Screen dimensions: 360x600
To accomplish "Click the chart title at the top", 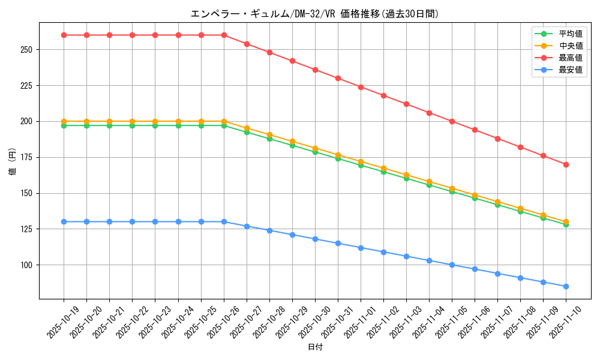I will [x=314, y=14].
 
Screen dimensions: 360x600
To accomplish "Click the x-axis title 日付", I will [x=315, y=347].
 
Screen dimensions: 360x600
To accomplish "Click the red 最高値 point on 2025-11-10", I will [x=566, y=164].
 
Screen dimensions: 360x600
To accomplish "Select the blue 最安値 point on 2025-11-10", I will [x=566, y=286].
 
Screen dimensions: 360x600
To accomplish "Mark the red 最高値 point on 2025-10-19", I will [x=64, y=35].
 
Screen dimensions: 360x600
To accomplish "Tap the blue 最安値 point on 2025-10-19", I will [x=64, y=222].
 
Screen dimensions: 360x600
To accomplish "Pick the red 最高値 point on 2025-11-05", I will [x=452, y=121].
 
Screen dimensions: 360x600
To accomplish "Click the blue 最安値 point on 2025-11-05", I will [x=452, y=265].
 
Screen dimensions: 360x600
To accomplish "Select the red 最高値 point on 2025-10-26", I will [x=224, y=35].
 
